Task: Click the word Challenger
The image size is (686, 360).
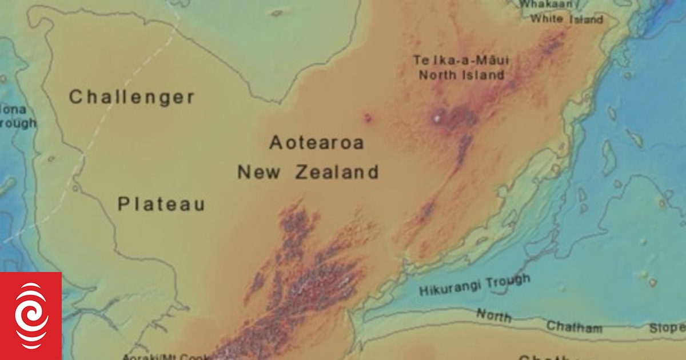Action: (x=132, y=97)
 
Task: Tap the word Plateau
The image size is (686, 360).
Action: (x=161, y=204)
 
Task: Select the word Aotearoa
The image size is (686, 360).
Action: (x=316, y=143)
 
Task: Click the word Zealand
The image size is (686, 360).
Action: (x=337, y=172)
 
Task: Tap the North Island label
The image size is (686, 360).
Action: (x=462, y=75)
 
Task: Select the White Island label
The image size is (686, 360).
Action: (x=567, y=19)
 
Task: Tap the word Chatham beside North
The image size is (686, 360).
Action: (x=575, y=327)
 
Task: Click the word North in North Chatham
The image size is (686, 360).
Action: (x=494, y=315)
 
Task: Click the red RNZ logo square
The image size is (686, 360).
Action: (x=31, y=316)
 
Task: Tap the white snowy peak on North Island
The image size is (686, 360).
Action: (x=438, y=119)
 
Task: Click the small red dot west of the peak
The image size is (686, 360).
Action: (x=367, y=118)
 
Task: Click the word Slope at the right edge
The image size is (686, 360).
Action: (x=667, y=328)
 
